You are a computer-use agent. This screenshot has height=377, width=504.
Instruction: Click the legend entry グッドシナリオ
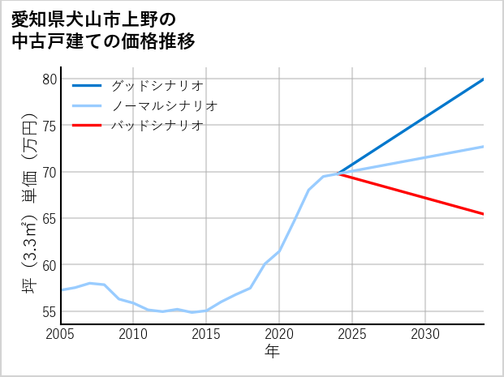click(157, 85)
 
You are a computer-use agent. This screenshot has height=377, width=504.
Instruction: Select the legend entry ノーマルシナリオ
click(164, 105)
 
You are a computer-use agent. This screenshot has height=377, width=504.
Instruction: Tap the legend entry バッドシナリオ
click(157, 126)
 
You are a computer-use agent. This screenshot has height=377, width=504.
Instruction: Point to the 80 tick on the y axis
click(50, 79)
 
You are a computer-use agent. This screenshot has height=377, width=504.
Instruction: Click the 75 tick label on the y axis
click(50, 126)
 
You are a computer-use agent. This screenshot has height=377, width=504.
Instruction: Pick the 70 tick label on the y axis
click(50, 172)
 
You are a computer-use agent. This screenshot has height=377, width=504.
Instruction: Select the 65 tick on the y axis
click(50, 219)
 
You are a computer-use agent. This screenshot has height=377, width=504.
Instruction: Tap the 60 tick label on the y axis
click(50, 265)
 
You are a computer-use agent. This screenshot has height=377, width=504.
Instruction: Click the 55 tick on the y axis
click(50, 311)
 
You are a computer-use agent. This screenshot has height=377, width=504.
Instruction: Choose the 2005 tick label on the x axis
click(61, 334)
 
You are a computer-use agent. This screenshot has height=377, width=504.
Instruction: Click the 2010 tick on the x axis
click(133, 334)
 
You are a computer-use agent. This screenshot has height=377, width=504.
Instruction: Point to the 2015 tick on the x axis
click(206, 334)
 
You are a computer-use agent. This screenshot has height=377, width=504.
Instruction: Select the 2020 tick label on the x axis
click(279, 334)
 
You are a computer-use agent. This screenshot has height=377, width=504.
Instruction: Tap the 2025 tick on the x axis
click(352, 334)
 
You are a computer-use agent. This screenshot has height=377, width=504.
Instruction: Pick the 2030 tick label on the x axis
click(425, 334)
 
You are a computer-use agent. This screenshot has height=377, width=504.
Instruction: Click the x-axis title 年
click(273, 352)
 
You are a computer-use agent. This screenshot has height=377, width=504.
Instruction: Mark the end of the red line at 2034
click(484, 214)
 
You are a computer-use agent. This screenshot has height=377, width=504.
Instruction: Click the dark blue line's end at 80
click(484, 79)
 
